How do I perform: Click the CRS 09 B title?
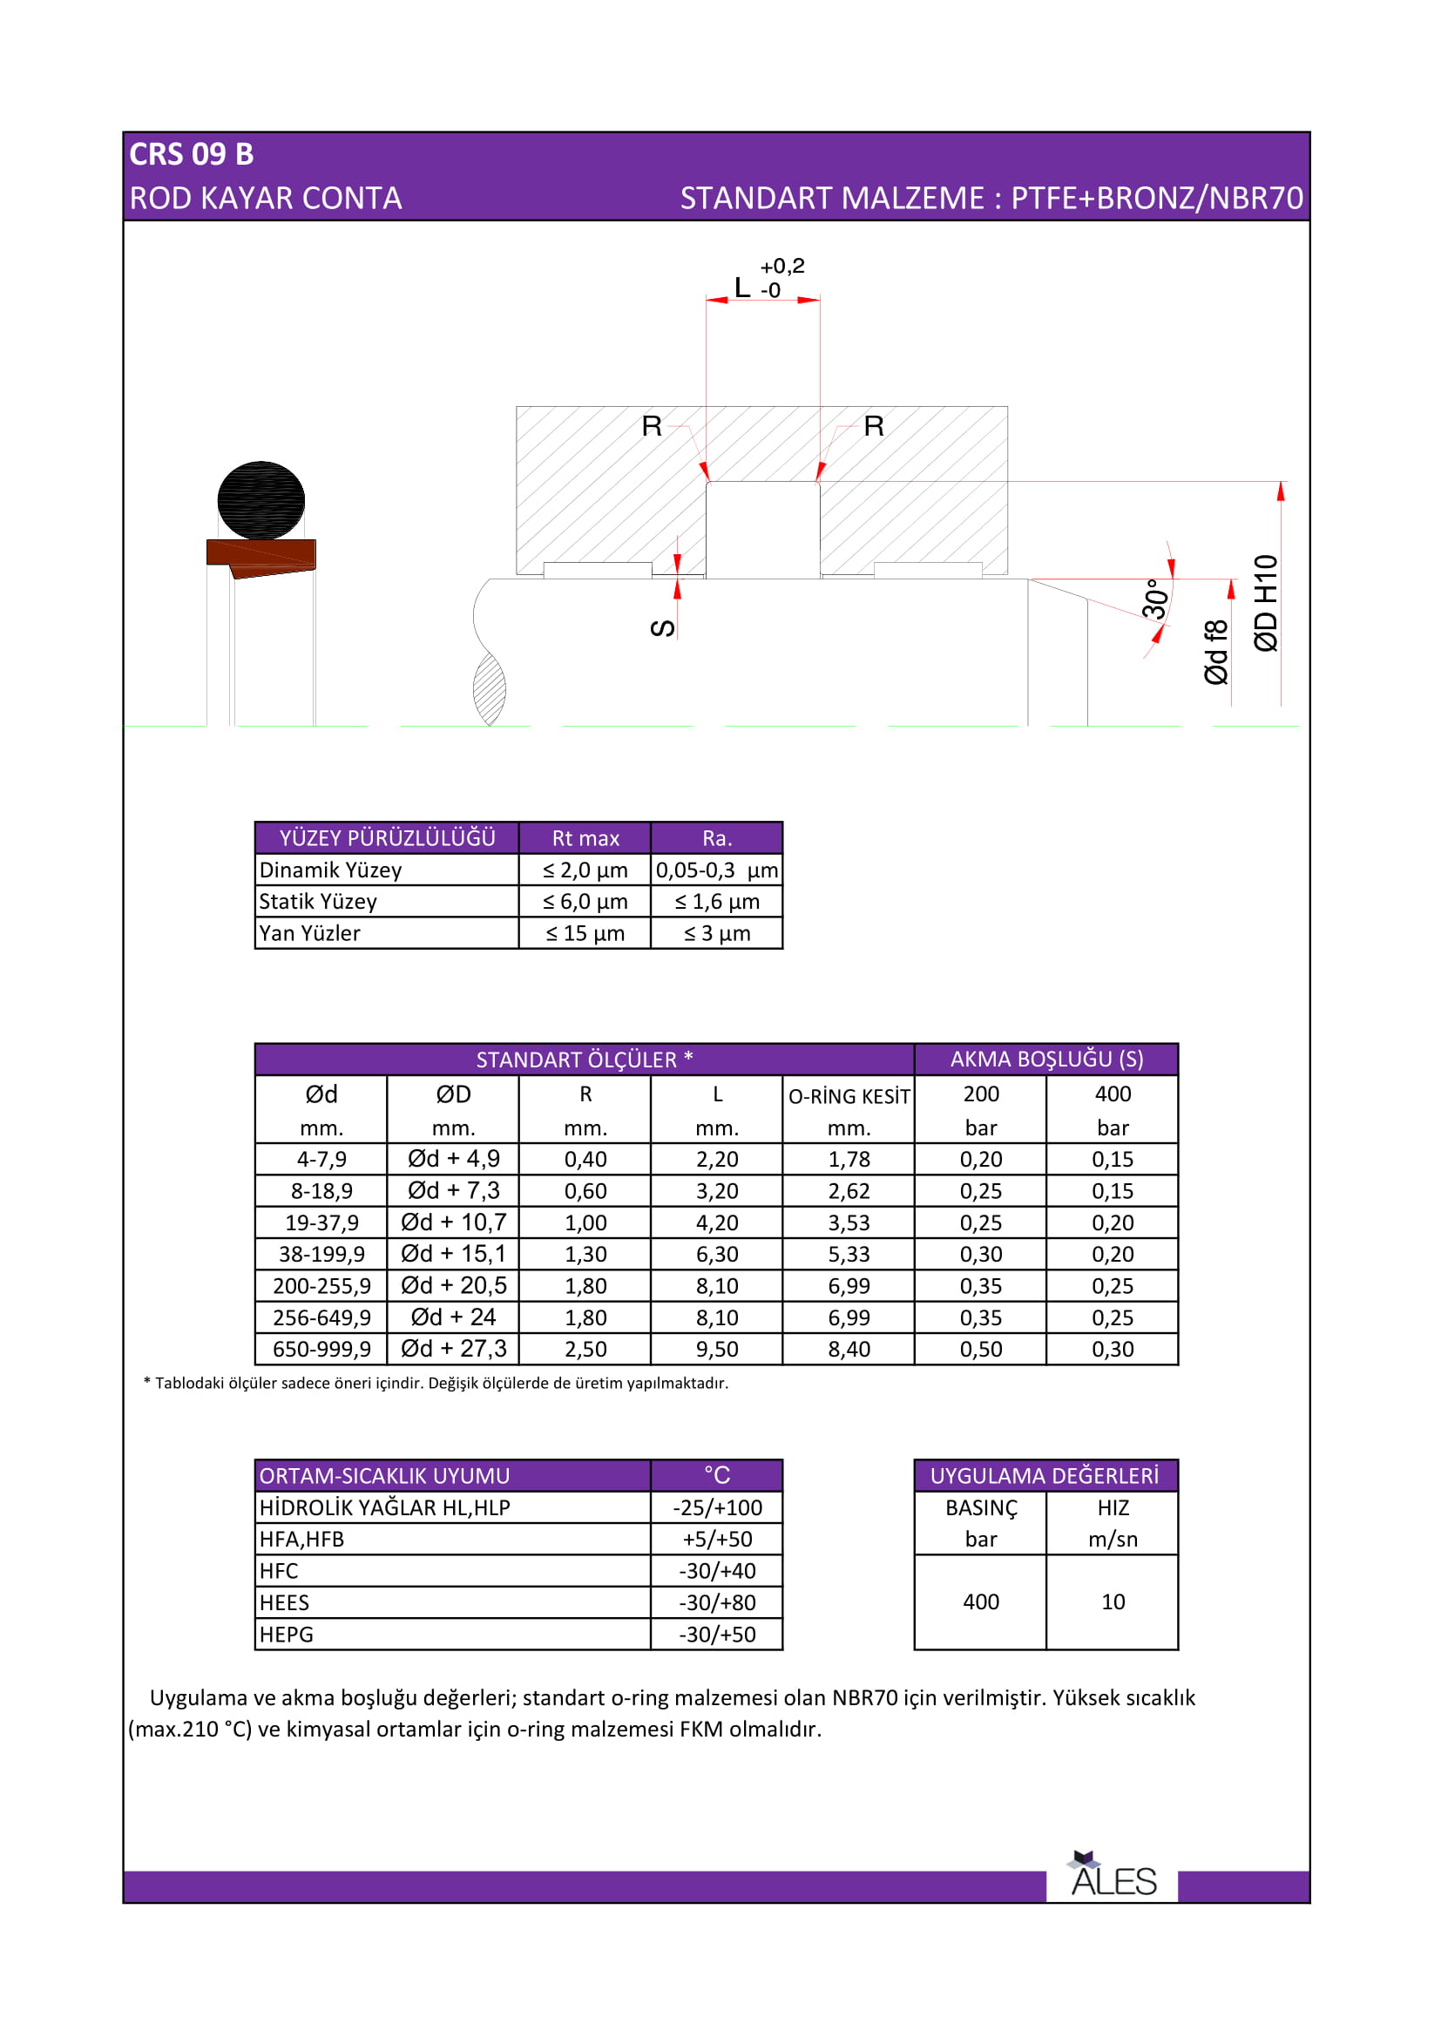[192, 154]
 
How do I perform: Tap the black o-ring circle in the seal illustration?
[260, 501]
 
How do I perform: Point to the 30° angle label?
[1154, 599]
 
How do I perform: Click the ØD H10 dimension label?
[1266, 604]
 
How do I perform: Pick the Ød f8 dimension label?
[1216, 653]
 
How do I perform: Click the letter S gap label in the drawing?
[663, 628]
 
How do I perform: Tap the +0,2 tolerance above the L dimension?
[781, 267]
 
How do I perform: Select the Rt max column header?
[585, 838]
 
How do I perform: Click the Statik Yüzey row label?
[319, 902]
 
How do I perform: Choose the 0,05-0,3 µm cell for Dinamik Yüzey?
[717, 870]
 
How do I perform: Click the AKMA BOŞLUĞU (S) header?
[1046, 1059]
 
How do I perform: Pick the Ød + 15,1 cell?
[453, 1254]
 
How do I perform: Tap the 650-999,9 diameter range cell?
[321, 1349]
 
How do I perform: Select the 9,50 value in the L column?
[717, 1349]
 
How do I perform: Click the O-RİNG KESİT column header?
[849, 1097]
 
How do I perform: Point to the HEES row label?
[285, 1603]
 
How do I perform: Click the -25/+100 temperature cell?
[717, 1508]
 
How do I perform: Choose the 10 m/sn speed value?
[1113, 1602]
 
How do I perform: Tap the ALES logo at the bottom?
[1113, 1879]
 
